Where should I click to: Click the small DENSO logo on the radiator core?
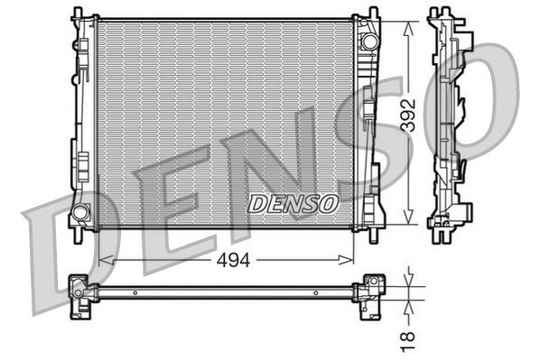tap(293, 204)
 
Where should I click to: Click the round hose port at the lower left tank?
tap(80, 213)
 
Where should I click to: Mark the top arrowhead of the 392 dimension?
tap(412, 26)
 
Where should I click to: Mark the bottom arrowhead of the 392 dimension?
tap(412, 222)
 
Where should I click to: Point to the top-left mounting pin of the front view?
tap(76, 12)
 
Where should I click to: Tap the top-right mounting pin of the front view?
tap(373, 12)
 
